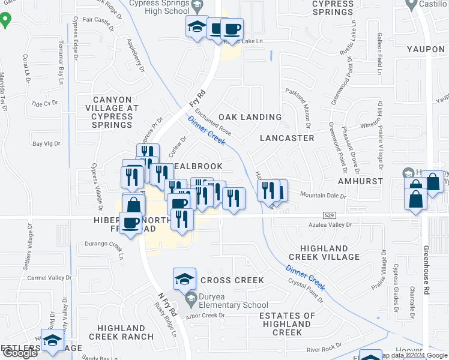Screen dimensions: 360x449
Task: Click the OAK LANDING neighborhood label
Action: [x=250, y=117]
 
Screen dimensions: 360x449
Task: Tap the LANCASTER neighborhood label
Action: [x=287, y=138]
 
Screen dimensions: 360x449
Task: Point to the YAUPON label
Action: [x=425, y=50]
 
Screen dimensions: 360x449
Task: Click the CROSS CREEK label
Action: [x=232, y=280]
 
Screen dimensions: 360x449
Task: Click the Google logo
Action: [x=20, y=353]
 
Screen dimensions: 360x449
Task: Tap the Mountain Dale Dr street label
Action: [x=324, y=196]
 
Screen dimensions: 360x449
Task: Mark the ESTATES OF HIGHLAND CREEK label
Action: [x=287, y=324]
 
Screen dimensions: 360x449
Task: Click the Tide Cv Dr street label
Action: [x=44, y=103]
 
